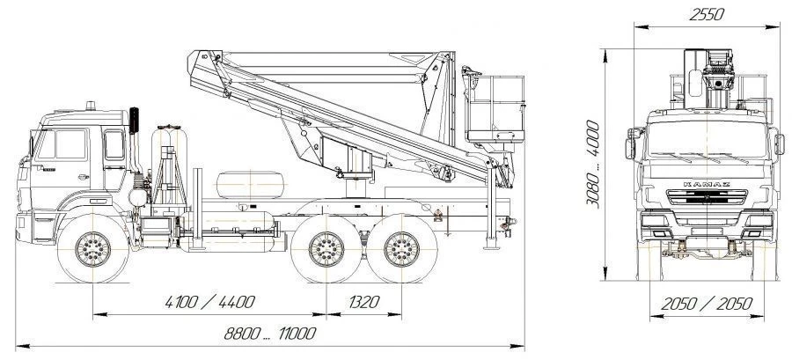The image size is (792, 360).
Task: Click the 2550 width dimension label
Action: point(707,14)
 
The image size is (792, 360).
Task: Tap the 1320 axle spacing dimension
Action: point(363,302)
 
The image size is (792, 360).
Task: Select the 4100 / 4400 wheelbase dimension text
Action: point(209,302)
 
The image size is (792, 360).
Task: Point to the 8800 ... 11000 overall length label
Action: point(270,334)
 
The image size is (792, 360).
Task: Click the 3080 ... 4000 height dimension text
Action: point(593,163)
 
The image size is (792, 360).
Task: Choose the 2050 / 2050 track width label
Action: point(707,304)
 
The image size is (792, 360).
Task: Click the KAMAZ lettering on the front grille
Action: point(707,184)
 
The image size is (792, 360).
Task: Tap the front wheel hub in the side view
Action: point(93,249)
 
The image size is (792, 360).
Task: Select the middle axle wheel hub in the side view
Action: point(326,249)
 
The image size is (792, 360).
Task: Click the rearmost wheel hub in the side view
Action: point(401,249)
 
